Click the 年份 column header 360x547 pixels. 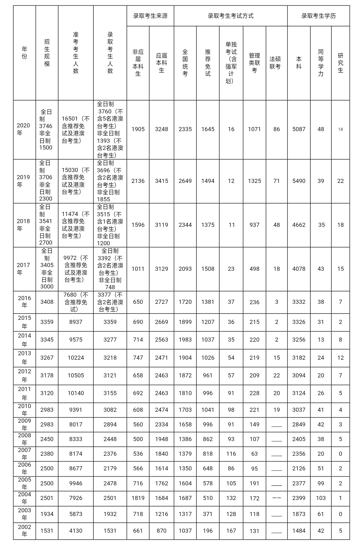[24, 53]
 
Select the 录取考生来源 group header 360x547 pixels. [150, 16]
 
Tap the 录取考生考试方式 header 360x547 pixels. [231, 16]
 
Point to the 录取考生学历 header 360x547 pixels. [318, 16]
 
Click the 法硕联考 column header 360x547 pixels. [275, 63]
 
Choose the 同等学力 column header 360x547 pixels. [321, 63]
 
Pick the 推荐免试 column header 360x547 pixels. [208, 63]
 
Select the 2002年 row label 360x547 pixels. [25, 531]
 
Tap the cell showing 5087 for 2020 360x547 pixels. [299, 129]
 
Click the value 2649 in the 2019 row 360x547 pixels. [185, 181]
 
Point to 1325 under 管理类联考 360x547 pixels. [254, 181]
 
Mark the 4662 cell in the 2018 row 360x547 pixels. [299, 225]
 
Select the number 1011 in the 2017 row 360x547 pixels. [138, 269]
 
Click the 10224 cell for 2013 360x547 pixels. [76, 358]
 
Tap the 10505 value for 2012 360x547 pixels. [76, 375]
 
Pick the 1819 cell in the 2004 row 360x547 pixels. [138, 498]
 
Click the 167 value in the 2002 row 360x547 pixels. [231, 531]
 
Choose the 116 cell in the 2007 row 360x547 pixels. [231, 454]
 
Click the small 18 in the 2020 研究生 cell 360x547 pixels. [341, 129]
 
